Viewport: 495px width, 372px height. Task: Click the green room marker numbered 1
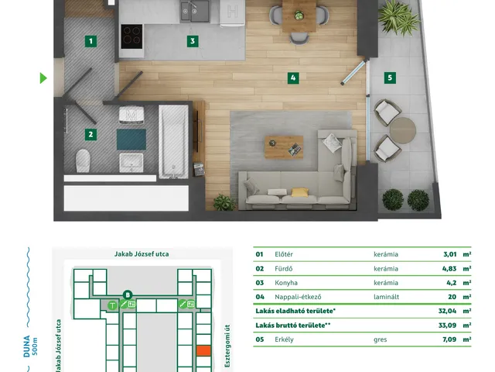point(91,41)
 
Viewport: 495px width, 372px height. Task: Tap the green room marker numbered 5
point(390,77)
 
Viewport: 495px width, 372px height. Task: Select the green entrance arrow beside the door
point(43,78)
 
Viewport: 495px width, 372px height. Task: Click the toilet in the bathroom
point(83,160)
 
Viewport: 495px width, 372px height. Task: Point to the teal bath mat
point(131,139)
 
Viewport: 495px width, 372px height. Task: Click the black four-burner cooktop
point(131,36)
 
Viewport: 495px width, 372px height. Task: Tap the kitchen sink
point(195,12)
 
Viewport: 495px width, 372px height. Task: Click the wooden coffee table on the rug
point(284,147)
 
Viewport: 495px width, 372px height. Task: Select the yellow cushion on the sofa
point(299,192)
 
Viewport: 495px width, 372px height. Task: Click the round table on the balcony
point(402,130)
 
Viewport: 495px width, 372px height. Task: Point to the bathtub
point(173,142)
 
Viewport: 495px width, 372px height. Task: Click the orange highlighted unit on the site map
point(203,350)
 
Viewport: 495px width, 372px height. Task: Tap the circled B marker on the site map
point(128,295)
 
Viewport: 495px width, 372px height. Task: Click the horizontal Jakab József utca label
point(142,254)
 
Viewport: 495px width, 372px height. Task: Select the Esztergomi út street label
point(227,346)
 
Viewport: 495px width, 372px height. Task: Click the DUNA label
point(27,346)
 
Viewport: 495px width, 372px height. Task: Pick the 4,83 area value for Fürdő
point(449,269)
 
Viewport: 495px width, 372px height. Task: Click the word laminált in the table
point(386,297)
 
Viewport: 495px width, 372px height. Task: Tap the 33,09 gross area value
point(447,325)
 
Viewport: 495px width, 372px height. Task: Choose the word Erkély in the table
point(284,339)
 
